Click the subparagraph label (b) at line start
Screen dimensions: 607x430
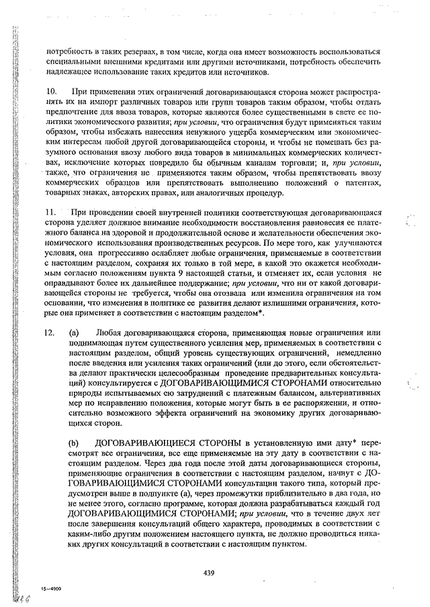tap(73, 444)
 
